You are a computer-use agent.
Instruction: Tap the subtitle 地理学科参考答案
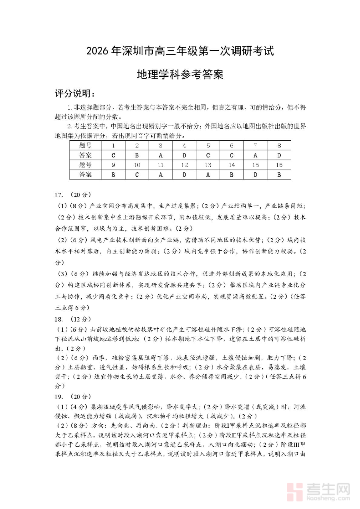[x=180, y=75]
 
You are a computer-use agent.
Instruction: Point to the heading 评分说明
[x=75, y=94]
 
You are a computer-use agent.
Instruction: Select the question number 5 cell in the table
[x=208, y=146]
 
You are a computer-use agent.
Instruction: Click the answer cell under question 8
[x=279, y=155]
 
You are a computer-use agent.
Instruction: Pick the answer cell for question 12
[x=184, y=175]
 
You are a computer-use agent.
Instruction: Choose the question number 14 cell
[x=232, y=165]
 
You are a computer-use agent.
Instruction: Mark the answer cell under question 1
[x=114, y=155]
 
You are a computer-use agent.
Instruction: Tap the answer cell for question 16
[x=279, y=175]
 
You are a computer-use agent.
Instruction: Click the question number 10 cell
[x=137, y=165]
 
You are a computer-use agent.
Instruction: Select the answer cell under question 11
[x=160, y=175]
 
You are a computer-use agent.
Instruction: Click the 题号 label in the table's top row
[x=85, y=146]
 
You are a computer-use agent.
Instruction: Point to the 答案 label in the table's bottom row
[x=85, y=175]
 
